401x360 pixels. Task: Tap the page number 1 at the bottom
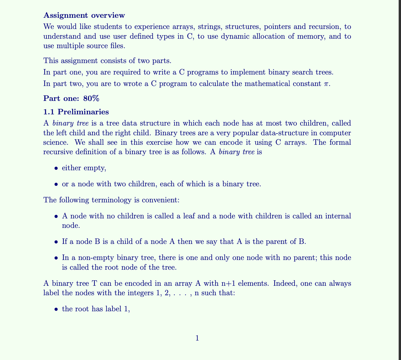click(x=197, y=338)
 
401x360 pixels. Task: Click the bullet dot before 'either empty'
click(x=56, y=168)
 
